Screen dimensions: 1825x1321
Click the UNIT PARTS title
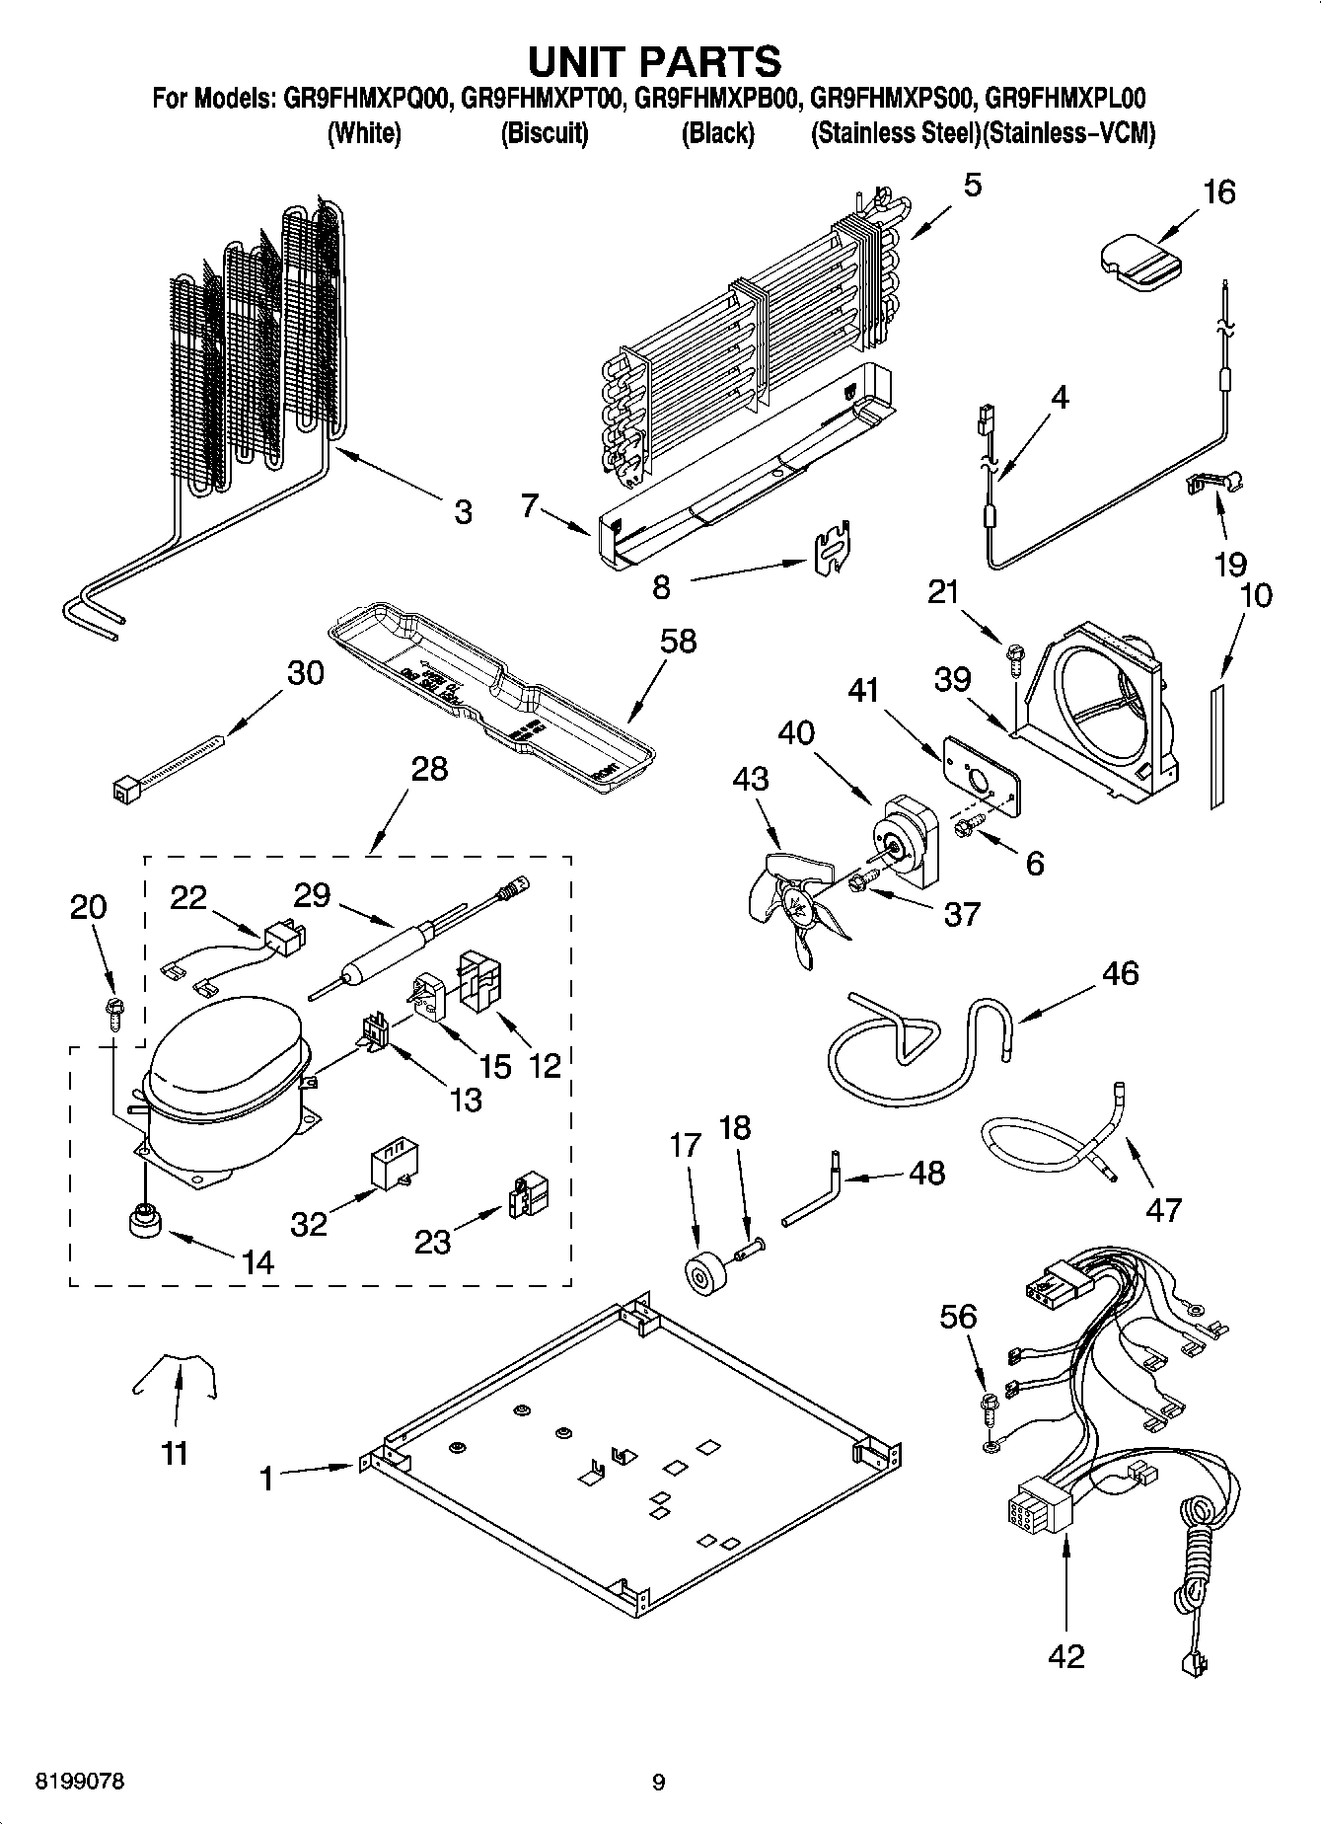point(655,61)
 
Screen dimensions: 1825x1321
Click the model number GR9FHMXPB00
point(715,99)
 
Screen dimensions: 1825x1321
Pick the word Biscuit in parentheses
point(544,133)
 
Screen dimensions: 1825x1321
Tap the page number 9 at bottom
point(658,1782)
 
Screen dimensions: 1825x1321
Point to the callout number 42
point(1066,1654)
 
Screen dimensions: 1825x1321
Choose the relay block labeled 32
point(390,1168)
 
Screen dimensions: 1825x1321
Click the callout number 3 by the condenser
point(463,512)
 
